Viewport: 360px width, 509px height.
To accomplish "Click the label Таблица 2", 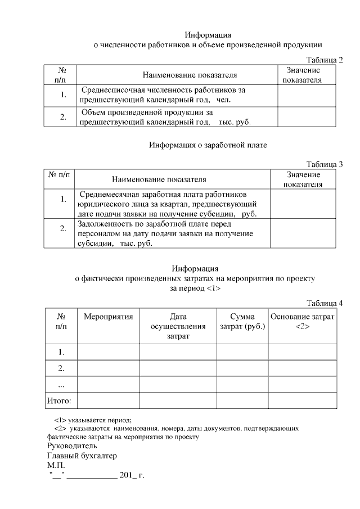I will coord(325,60).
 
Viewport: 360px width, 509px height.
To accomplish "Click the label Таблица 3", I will coord(325,164).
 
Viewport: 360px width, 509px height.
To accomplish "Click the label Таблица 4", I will coord(325,303).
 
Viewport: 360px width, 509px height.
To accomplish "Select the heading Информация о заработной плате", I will coord(208,145).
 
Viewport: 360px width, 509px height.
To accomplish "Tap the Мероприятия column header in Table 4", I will coord(108,317).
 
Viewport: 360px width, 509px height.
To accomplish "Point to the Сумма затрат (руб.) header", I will coord(242,321).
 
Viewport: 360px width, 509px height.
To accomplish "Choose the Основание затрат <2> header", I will coord(302,321).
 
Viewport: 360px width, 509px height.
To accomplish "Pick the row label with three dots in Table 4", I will coord(61,385).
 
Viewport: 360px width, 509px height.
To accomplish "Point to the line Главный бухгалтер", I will coord(82,456).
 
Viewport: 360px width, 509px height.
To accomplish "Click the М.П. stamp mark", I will coord(56,466).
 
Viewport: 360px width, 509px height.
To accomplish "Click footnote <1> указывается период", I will coord(93,420).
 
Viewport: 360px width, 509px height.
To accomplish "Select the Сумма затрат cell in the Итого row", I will coord(242,401).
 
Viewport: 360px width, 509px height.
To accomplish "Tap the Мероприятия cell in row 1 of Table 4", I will coord(108,352).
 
